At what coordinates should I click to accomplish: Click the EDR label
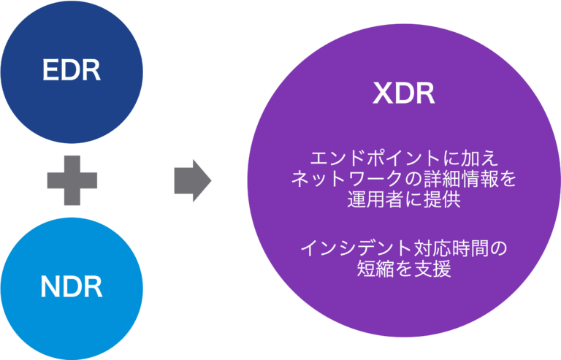71,71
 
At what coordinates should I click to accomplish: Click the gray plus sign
72,179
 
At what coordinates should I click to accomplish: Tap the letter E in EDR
50,71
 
